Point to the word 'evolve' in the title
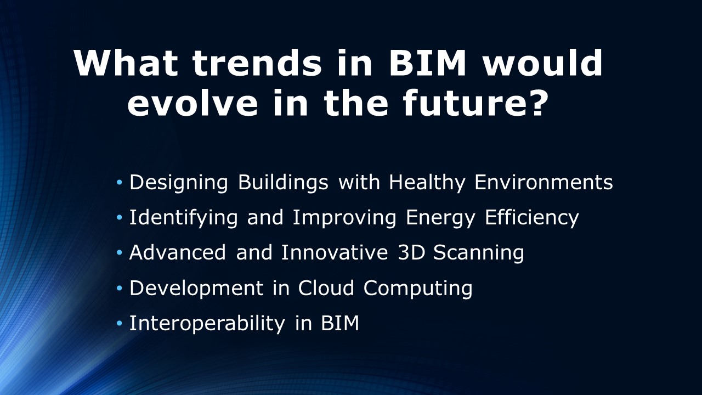193,102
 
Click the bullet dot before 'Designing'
119,182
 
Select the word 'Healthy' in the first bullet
427,183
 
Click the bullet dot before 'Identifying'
119,217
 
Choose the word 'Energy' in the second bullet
440,218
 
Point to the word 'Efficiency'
532,217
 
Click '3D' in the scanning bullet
411,252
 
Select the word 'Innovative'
335,252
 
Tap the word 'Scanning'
479,253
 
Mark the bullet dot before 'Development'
119,288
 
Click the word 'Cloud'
326,287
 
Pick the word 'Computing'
418,289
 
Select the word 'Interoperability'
207,324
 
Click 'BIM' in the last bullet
340,323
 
